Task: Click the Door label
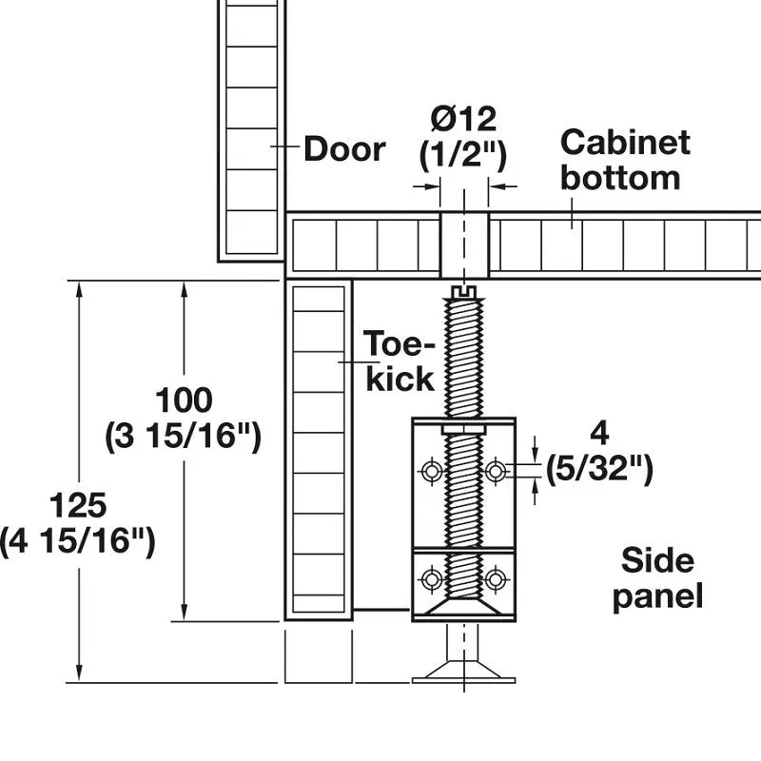pyautogui.click(x=344, y=148)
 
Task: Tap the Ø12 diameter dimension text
pyautogui.click(x=463, y=118)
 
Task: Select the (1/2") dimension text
pyautogui.click(x=463, y=155)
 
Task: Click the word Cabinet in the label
pyautogui.click(x=625, y=142)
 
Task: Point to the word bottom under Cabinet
pyautogui.click(x=620, y=178)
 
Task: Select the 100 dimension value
pyautogui.click(x=184, y=400)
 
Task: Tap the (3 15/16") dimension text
pyautogui.click(x=183, y=436)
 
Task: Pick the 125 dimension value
pyautogui.click(x=78, y=505)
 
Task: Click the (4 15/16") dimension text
pyautogui.click(x=78, y=541)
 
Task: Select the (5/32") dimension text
pyautogui.click(x=599, y=469)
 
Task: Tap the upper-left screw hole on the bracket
pyautogui.click(x=432, y=471)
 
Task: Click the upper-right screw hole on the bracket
pyautogui.click(x=495, y=471)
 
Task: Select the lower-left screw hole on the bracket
pyautogui.click(x=432, y=579)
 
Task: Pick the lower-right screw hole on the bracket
pyautogui.click(x=495, y=579)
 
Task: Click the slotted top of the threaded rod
pyautogui.click(x=464, y=292)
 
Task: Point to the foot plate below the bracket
pyautogui.click(x=463, y=673)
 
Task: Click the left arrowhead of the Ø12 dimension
pyautogui.click(x=434, y=185)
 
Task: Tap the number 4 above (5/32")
pyautogui.click(x=600, y=434)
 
